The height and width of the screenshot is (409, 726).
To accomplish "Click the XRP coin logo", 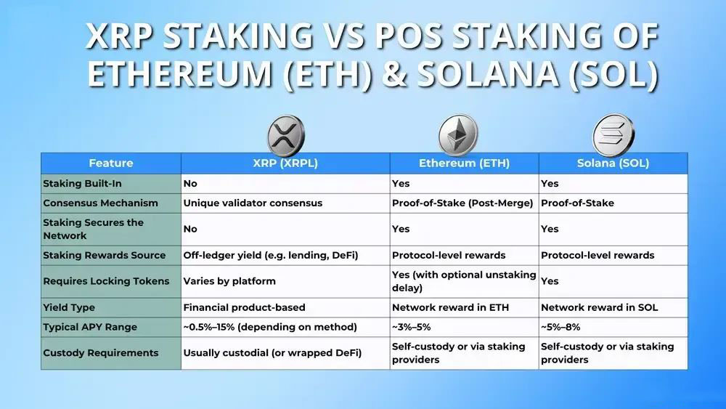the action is click(285, 136).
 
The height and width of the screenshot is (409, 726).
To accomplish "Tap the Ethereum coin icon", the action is click(458, 135).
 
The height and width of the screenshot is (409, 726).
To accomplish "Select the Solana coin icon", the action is click(613, 135).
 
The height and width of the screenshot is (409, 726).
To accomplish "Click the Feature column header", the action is click(111, 163).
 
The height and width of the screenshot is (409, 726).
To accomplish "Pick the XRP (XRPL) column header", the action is click(285, 163).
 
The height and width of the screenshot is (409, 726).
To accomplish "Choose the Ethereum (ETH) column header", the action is click(464, 163).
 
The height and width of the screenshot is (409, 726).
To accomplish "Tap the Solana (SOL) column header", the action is click(613, 163).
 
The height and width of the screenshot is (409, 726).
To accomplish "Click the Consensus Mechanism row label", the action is click(100, 203).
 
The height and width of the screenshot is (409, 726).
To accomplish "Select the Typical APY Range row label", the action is click(90, 327).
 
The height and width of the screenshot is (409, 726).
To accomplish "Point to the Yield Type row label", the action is click(69, 307).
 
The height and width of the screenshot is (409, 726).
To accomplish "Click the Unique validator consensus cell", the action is click(253, 203).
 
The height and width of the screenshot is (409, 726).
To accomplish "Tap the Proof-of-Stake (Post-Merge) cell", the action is click(462, 203).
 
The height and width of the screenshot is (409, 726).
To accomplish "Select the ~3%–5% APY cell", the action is click(411, 327).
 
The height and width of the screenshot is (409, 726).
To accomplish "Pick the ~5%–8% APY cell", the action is click(560, 327).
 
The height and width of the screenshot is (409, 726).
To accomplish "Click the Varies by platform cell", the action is click(229, 281).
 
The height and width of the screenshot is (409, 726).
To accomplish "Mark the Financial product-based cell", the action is click(244, 307).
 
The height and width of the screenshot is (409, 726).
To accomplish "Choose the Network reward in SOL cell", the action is click(599, 307).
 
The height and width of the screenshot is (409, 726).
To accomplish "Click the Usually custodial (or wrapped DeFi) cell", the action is click(272, 353).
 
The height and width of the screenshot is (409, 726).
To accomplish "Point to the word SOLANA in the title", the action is click(488, 74).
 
